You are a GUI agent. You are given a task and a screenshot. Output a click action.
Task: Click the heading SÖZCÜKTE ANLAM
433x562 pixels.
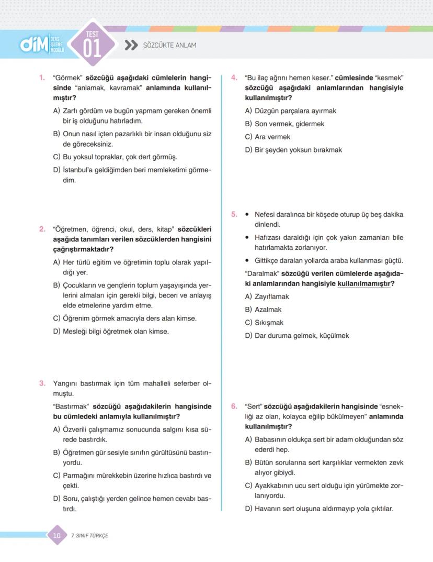pos(169,46)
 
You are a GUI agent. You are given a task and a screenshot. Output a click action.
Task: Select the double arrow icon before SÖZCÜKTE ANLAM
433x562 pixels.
pos(131,46)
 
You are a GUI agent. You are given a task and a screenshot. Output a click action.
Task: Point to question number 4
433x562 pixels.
pos(234,78)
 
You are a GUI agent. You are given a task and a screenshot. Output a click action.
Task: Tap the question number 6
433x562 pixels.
pos(234,406)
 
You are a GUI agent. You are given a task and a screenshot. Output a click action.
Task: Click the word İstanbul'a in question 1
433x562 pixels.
pos(79,170)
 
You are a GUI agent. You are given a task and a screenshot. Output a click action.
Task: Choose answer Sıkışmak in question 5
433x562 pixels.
pos(269,323)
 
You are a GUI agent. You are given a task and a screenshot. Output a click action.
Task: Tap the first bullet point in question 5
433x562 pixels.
pos(247,215)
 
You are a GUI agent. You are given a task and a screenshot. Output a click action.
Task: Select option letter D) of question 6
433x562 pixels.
pos(248,509)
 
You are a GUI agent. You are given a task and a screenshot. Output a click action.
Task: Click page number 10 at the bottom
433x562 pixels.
pos(57,535)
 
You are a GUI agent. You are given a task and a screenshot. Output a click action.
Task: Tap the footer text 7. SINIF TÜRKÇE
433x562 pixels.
pos(89,536)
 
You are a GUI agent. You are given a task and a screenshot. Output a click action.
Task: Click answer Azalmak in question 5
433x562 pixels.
pos(268,310)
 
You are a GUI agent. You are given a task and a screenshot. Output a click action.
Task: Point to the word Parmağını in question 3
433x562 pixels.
pos(79,476)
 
